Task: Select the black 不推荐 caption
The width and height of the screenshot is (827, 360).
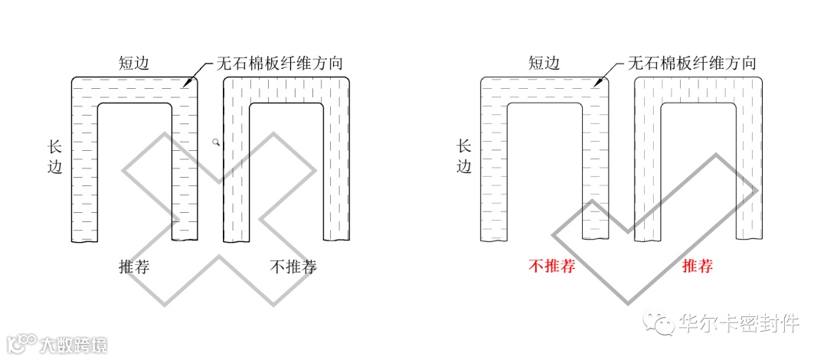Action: (293, 267)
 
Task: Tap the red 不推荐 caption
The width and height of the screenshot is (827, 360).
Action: (551, 267)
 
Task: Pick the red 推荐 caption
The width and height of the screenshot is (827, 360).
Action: (697, 267)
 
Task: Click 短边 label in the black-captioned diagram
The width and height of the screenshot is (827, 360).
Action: (134, 63)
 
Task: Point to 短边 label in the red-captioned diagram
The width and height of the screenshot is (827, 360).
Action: (544, 63)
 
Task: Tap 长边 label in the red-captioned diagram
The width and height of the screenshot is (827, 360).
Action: (464, 156)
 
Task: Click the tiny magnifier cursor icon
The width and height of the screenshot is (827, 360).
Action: (217, 142)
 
